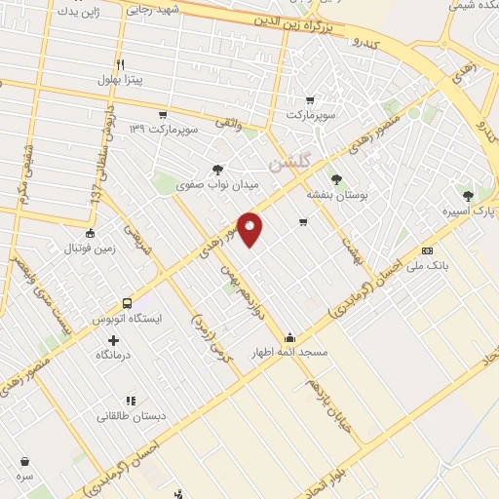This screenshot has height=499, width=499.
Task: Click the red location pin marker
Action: click(x=250, y=229)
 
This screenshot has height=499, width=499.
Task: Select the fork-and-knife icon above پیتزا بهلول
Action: click(x=120, y=62)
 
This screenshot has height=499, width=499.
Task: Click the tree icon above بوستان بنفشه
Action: click(x=336, y=179)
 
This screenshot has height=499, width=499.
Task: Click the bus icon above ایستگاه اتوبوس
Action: click(x=127, y=302)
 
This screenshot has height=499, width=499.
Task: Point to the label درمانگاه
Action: click(x=114, y=357)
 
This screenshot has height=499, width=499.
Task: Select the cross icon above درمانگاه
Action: click(x=114, y=340)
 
